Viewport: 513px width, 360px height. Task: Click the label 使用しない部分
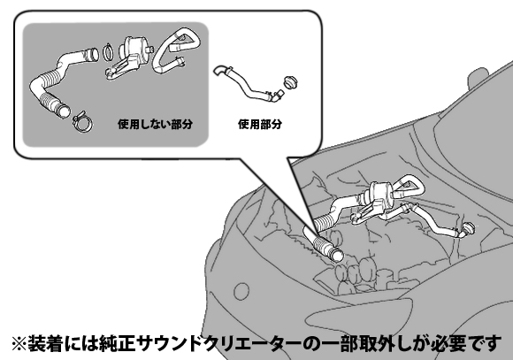coord(155,124)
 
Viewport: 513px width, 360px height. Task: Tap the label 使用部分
coord(260,124)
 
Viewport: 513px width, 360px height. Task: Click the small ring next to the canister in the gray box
coord(108,52)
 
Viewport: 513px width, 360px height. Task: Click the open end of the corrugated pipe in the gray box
coord(63,111)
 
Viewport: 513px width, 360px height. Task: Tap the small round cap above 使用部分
coord(291,82)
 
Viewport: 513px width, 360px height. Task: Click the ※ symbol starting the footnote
coord(19,344)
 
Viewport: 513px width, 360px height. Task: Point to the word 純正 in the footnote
coord(119,343)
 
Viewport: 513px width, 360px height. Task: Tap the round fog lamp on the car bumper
coord(241,291)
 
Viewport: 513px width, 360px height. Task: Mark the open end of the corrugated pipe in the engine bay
coord(337,255)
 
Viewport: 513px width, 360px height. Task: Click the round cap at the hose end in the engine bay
coord(468,228)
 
